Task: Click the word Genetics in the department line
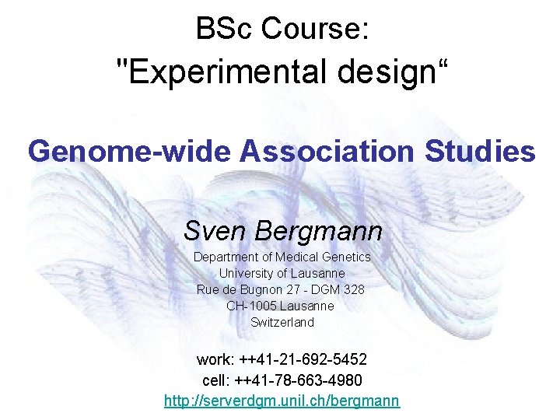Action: pos(346,257)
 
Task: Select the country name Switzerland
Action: pos(282,322)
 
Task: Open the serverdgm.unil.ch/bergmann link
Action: pos(282,401)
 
